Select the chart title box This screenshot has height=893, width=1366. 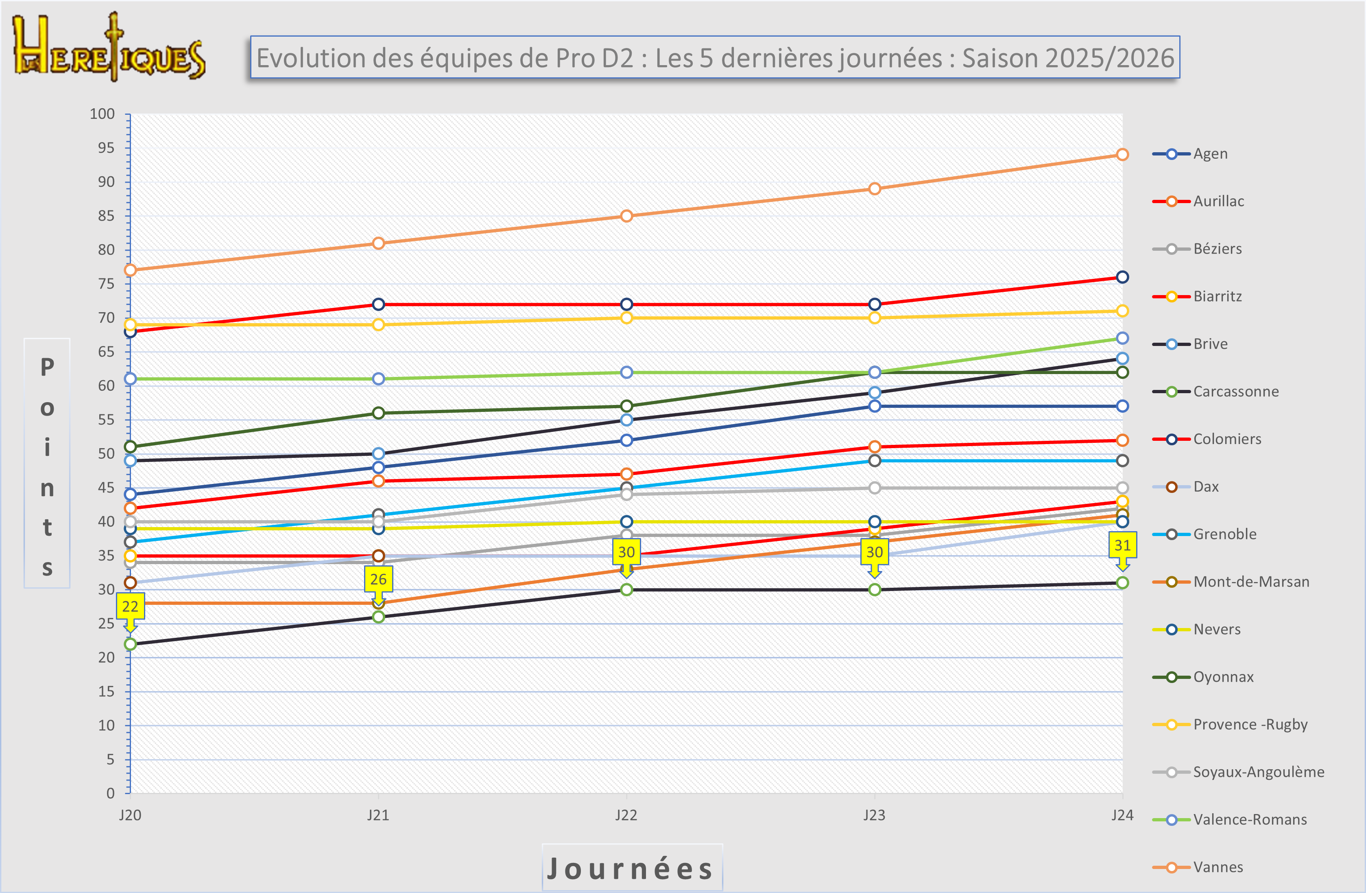715,57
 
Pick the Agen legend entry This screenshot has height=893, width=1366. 1210,154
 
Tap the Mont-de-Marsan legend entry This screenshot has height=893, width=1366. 1250,582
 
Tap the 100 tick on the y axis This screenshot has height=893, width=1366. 102,114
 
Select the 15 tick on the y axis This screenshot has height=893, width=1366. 106,692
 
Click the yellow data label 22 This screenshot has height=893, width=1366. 130,606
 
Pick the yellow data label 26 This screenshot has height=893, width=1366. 378,580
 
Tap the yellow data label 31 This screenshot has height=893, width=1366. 1122,545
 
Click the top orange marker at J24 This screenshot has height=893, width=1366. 1122,155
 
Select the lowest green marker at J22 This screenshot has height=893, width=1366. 626,590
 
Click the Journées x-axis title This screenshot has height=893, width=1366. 631,868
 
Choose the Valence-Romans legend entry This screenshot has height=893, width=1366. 1250,819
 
